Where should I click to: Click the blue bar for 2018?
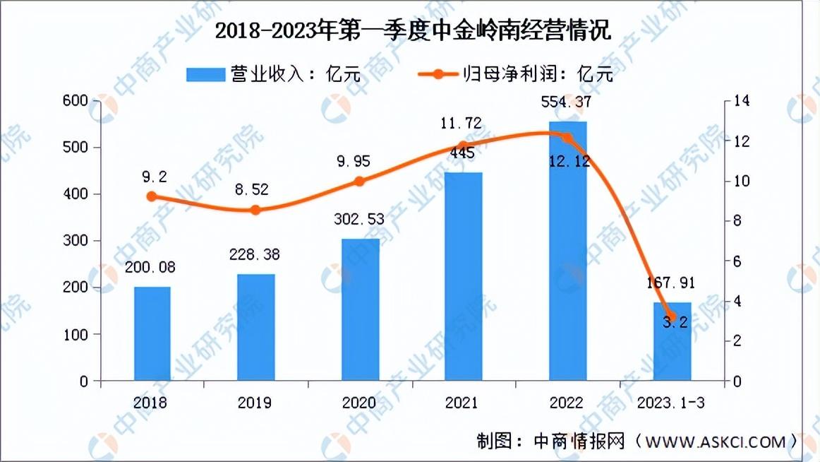[x=152, y=333]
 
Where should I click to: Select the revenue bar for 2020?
[x=361, y=309]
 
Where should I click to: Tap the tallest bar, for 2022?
[x=567, y=251]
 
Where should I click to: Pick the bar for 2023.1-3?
[x=672, y=341]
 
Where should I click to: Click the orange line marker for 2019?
[x=255, y=210]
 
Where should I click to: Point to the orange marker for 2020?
[x=359, y=182]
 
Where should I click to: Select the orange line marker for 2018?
[x=152, y=196]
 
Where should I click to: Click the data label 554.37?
[x=566, y=102]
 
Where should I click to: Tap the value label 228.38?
[x=255, y=255]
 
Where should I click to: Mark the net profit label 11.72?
[x=461, y=124]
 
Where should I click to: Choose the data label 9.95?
[x=354, y=162]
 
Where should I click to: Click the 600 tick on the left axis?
[x=75, y=100]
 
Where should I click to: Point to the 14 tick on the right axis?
[x=742, y=100]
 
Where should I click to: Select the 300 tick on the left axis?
[x=75, y=241]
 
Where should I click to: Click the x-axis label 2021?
[x=462, y=403]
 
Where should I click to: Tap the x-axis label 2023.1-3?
[x=671, y=403]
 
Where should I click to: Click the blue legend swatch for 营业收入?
[x=205, y=74]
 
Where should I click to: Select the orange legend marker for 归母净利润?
[x=438, y=74]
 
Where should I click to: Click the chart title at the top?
[x=413, y=30]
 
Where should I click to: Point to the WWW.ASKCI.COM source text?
[x=716, y=442]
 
